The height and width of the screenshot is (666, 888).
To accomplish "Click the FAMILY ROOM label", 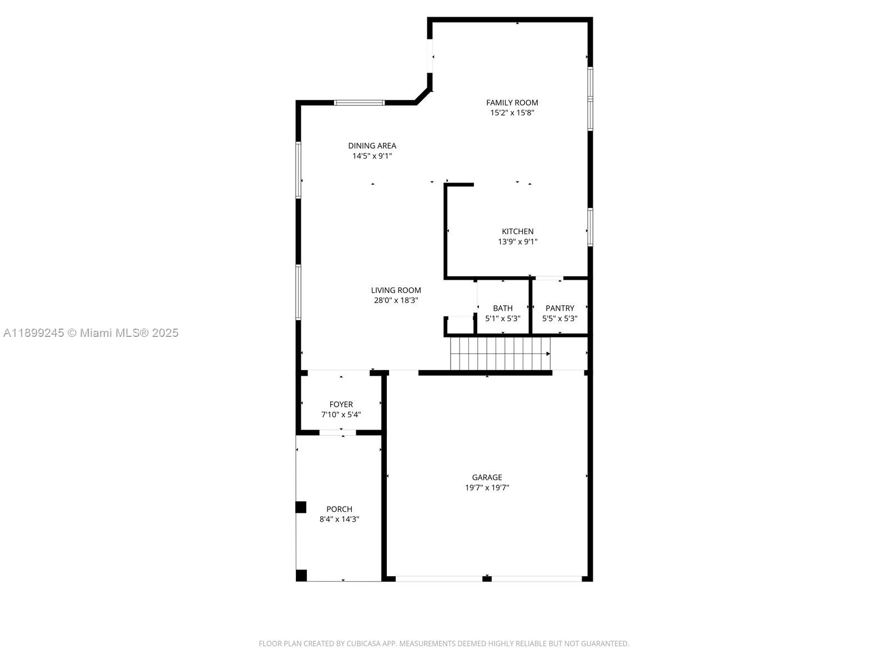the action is pos(512,103).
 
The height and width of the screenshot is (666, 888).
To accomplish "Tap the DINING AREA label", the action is pos(372,145).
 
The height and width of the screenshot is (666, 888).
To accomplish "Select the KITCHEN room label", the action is pos(517,231).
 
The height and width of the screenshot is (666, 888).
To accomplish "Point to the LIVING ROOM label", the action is pos(396,290).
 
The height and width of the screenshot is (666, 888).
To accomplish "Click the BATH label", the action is pos(502,308).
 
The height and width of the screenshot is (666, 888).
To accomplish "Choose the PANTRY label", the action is pos(559,308).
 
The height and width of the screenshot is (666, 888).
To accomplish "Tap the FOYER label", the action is pos(341,405).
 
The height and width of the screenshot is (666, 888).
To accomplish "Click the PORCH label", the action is pos(339,509).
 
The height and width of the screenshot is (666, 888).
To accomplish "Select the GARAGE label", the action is pos(487,477).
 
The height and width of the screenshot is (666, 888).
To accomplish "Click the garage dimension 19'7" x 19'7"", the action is pos(487,488).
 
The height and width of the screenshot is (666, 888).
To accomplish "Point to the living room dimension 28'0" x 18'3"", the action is pos(396,300).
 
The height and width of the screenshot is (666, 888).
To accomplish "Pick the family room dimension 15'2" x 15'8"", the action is pos(512,113).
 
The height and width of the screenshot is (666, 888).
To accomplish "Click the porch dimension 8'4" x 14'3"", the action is pos(339,519).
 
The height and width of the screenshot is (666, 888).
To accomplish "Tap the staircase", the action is pos(501,354).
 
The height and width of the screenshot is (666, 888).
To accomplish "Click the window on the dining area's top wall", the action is pos(359,103).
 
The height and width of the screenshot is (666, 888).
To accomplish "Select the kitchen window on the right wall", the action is pos(590,227).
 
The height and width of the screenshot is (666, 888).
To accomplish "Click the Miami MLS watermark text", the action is pos(90,333).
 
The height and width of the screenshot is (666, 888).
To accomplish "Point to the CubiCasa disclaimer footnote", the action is pos(444,643).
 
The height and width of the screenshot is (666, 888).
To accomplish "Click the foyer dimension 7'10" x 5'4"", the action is pos(341,415).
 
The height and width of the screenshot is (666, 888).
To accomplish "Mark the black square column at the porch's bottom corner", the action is pos(301,576).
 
